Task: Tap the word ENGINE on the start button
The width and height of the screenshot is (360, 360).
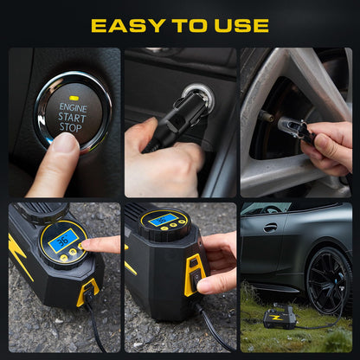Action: click(x=73, y=107)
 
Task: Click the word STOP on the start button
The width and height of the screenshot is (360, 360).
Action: click(x=71, y=127)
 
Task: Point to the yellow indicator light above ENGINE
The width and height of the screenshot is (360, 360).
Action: click(x=74, y=98)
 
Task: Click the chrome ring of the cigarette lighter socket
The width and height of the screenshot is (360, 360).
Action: click(x=198, y=97)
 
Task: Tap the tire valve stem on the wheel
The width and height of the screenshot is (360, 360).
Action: click(x=266, y=115)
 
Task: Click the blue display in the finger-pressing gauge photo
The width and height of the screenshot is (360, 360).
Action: click(x=63, y=241)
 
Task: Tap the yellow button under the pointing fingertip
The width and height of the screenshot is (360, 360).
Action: click(x=81, y=246)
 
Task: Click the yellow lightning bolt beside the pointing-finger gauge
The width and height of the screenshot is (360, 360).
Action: click(x=19, y=255)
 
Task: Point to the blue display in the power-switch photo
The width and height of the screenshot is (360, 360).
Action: click(x=163, y=220)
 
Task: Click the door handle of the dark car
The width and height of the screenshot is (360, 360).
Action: click(x=271, y=228)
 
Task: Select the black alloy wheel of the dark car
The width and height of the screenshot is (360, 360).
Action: click(x=329, y=280)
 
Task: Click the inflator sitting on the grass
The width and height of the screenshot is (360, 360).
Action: click(x=280, y=318)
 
